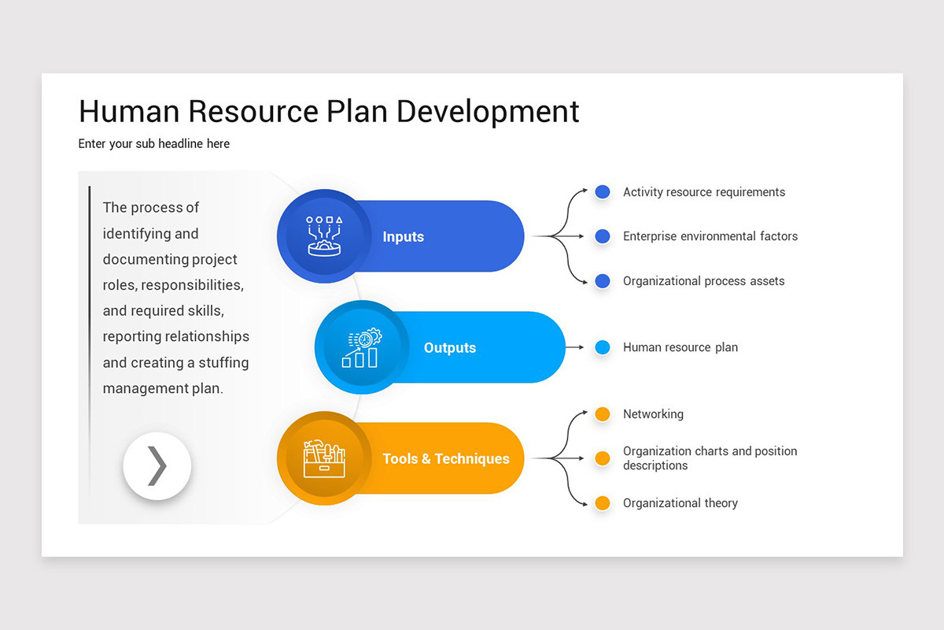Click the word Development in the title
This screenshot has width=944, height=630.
click(488, 112)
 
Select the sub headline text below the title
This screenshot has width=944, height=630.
click(154, 143)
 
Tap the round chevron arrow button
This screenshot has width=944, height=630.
click(157, 466)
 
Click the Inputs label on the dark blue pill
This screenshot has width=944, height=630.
click(403, 237)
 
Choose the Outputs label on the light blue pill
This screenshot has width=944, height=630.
click(450, 348)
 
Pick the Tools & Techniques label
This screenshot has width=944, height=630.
click(446, 459)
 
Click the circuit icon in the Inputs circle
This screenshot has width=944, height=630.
click(324, 235)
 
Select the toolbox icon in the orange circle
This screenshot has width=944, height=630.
click(324, 458)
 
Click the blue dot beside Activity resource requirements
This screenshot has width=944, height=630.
click(603, 192)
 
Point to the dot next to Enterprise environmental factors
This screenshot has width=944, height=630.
click(603, 236)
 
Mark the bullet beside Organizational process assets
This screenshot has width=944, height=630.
click(603, 281)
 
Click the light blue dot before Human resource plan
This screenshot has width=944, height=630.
click(603, 347)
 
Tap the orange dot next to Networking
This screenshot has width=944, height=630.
click(603, 414)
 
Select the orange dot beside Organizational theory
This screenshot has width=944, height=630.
click(603, 503)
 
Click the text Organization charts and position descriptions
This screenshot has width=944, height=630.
click(710, 458)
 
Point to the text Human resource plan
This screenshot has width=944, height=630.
click(680, 347)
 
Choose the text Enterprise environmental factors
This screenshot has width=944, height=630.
click(710, 236)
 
